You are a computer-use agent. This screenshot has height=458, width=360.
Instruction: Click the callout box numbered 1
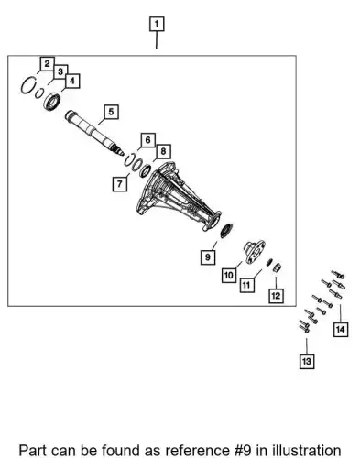[x=157, y=24]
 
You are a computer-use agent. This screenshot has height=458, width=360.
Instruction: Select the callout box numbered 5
[x=111, y=112]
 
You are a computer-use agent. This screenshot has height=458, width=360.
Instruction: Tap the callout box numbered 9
[x=208, y=256]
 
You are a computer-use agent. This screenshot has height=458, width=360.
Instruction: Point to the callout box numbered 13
[x=307, y=362]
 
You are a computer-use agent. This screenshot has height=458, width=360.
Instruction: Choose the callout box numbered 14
[x=340, y=329]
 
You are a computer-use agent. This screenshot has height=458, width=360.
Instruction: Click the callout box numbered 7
[x=120, y=184]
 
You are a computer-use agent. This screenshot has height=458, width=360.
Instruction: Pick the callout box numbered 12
[x=276, y=296]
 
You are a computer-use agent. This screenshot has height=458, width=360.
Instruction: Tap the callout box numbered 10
[x=229, y=276]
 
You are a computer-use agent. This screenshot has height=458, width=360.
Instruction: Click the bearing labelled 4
[x=52, y=101]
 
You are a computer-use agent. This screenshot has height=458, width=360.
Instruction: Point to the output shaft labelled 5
[x=94, y=133]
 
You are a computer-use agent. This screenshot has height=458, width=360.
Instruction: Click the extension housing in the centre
[x=179, y=197]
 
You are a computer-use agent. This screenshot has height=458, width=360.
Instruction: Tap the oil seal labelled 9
[x=226, y=231]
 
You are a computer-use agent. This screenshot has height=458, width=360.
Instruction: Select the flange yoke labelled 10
[x=254, y=252]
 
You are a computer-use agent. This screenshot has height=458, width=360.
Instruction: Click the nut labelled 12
[x=277, y=267]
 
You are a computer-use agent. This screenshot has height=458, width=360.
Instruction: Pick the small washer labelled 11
[x=269, y=262]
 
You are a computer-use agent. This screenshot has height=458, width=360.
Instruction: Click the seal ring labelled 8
[x=145, y=170]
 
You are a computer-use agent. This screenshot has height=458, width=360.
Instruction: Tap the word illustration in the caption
[x=307, y=450]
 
